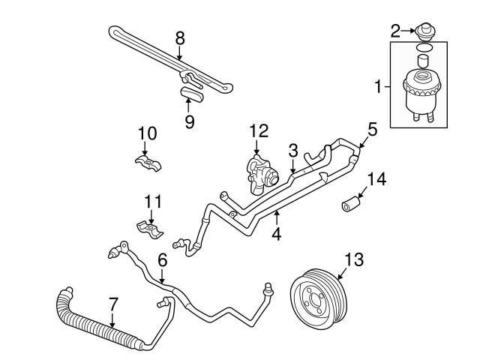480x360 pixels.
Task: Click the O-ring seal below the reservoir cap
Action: pyautogui.click(x=424, y=47)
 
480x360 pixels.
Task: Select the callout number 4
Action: pyautogui.click(x=277, y=232)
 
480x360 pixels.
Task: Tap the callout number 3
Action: pyautogui.click(x=293, y=150)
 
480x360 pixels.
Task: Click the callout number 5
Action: pyautogui.click(x=372, y=128)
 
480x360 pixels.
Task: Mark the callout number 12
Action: pyautogui.click(x=259, y=130)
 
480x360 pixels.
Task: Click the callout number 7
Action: pyautogui.click(x=112, y=304)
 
